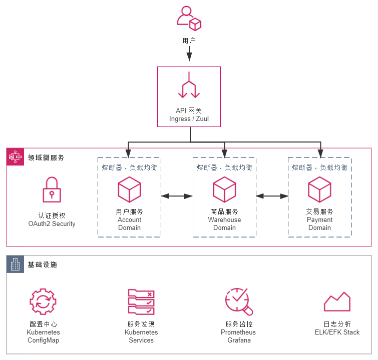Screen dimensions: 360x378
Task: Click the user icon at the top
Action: point(189,18)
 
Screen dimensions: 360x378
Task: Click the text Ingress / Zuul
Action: point(189,119)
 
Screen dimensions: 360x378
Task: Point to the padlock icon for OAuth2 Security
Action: point(52,190)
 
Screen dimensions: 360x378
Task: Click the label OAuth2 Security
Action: point(52,224)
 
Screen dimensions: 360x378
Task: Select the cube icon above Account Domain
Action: point(129,189)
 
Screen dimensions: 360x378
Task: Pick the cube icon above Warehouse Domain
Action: point(224,189)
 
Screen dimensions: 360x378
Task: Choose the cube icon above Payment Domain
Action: point(319,189)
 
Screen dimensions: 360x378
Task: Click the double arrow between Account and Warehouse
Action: point(177,196)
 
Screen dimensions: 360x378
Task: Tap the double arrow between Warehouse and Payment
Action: point(272,196)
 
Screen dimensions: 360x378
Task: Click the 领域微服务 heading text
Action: point(47,157)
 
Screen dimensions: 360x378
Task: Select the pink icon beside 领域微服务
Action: point(16,157)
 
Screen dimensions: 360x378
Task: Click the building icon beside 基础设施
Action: point(16,264)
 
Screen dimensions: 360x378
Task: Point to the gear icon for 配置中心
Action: point(43,301)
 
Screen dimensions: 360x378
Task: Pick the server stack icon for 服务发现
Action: point(141,301)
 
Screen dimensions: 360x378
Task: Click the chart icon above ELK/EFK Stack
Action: point(337,302)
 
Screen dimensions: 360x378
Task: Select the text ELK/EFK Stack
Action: point(337,332)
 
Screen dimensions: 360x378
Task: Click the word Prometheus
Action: point(238,332)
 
